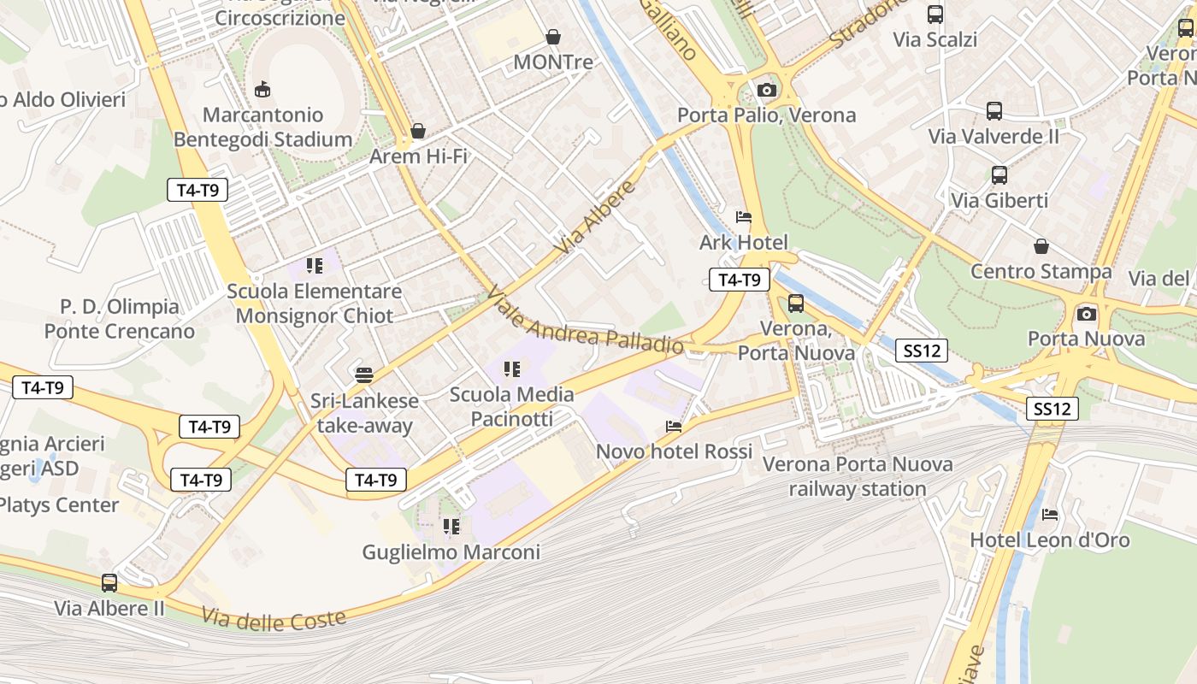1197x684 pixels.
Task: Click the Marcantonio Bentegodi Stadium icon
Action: pos(262,89)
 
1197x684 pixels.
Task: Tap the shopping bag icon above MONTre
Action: pos(553,37)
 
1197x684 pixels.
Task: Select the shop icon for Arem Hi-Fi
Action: pos(418,131)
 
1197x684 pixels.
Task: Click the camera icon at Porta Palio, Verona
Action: pos(767,90)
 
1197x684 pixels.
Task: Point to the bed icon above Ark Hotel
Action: pos(744,217)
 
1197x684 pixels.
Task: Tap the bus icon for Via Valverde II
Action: pos(994,111)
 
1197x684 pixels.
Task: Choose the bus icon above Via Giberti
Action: pos(999,175)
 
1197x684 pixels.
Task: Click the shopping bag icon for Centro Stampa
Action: pos(1041,246)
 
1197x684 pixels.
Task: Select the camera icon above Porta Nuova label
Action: pos(1087,314)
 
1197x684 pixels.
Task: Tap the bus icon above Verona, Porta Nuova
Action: pos(796,304)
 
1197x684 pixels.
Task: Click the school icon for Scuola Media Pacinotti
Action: pos(512,369)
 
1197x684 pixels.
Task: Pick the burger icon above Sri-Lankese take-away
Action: pos(364,375)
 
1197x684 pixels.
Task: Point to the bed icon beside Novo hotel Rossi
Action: pos(674,427)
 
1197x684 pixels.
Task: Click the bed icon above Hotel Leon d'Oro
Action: pos(1050,515)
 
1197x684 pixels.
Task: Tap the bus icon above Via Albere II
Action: pos(109,583)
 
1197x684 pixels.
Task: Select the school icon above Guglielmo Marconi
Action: pos(451,527)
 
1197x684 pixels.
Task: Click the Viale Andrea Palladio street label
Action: pos(585,323)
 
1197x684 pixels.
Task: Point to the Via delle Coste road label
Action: pos(274,618)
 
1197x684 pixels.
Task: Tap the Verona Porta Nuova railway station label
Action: pos(858,477)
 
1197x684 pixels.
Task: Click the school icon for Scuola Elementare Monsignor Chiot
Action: pos(315,266)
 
